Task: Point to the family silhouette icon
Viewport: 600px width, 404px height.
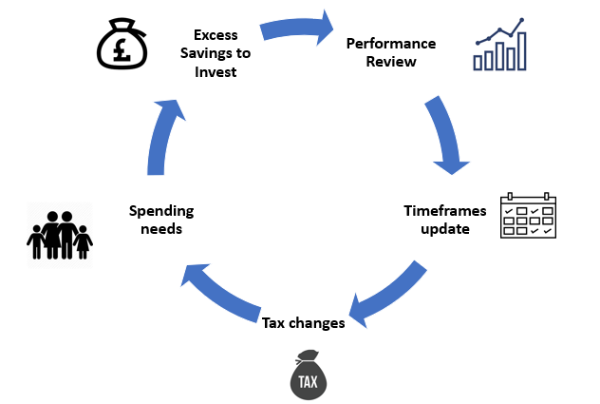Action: click(x=59, y=234)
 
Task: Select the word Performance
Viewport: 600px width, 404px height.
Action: click(x=391, y=44)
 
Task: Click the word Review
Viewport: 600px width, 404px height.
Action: click(x=391, y=62)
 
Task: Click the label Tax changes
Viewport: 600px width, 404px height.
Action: click(x=304, y=323)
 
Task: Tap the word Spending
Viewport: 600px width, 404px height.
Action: click(x=161, y=210)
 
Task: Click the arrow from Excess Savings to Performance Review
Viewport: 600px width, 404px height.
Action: click(x=296, y=26)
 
